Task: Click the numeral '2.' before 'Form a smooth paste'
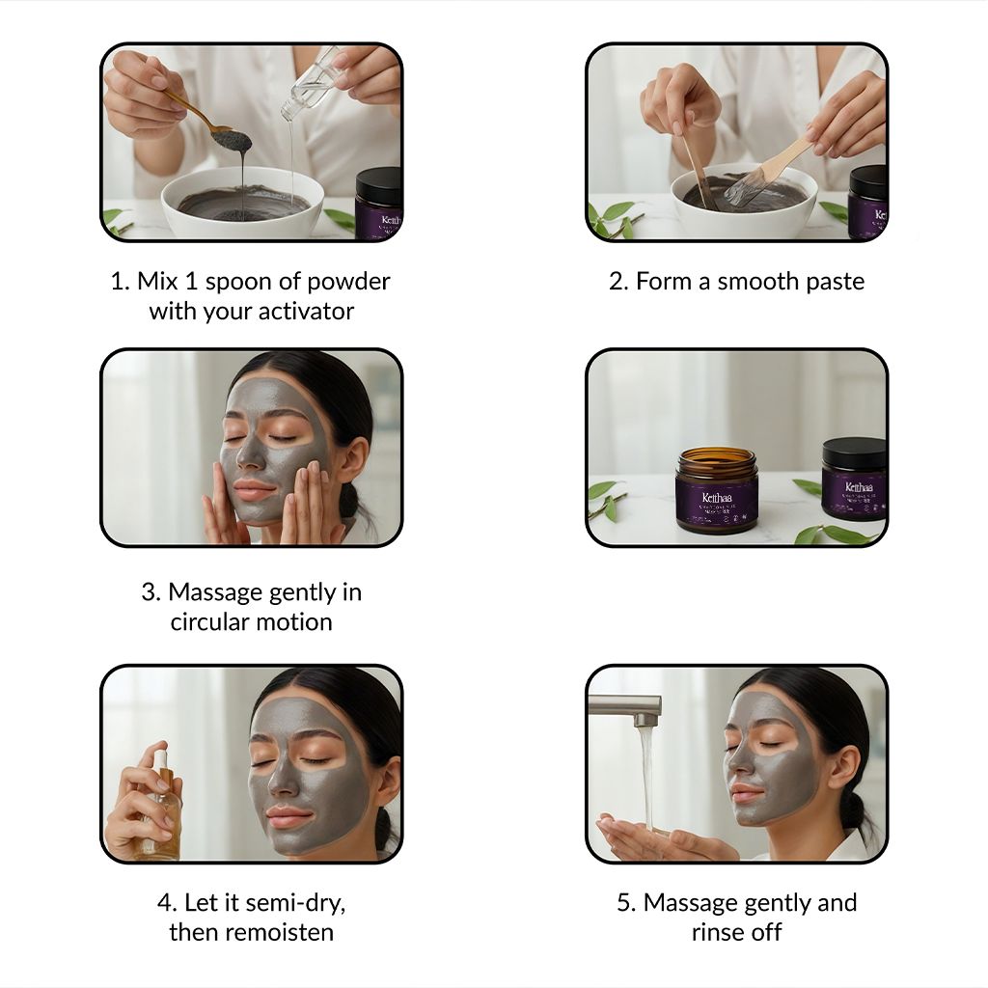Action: click(618, 282)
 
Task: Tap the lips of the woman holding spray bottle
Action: click(288, 817)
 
